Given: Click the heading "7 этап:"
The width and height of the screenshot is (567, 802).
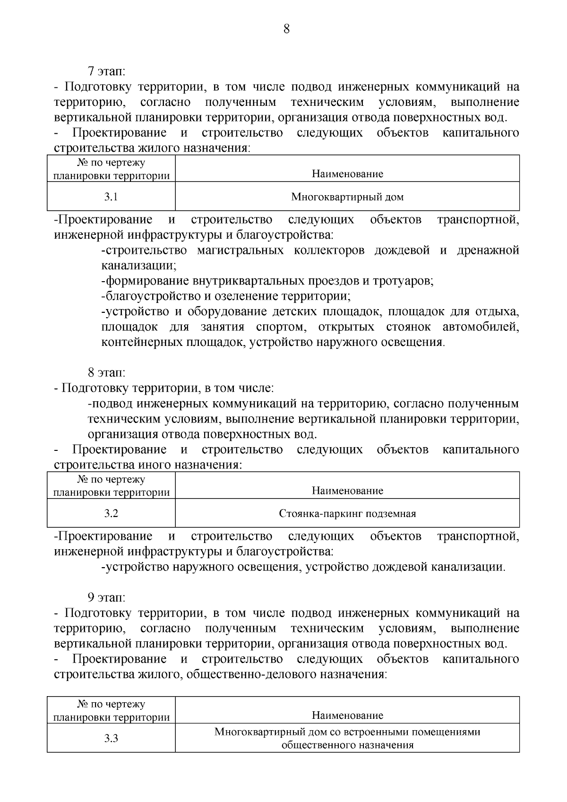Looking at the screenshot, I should pos(107,72).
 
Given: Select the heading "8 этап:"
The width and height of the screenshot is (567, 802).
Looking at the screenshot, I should pos(107,373).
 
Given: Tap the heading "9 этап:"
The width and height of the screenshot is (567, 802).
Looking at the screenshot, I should pos(107,598).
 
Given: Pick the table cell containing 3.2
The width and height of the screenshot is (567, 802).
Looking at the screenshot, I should pos(111,514).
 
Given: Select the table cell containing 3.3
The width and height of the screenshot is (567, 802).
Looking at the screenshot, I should pos(111,738).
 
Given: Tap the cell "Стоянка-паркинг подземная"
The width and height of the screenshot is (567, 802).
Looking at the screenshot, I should pos(347,514).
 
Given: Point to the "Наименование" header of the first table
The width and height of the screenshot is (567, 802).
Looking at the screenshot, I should pos(347,174).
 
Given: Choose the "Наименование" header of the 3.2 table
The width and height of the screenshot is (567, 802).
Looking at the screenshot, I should pos(347,491).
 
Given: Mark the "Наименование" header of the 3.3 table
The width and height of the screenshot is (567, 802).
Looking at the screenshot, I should pos(347,716).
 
